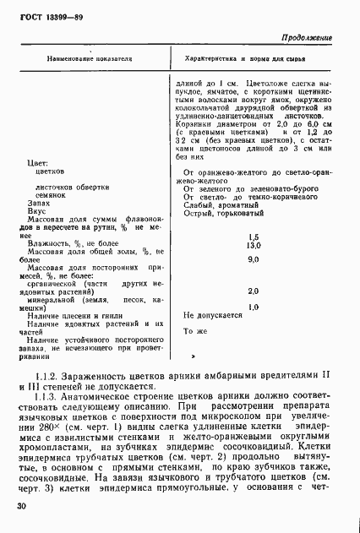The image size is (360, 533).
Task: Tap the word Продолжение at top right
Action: click(x=307, y=38)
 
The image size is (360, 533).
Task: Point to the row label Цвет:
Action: click(x=38, y=160)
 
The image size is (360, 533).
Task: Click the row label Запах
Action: click(x=39, y=204)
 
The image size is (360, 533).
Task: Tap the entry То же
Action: click(x=195, y=331)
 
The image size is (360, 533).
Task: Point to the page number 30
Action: click(x=20, y=504)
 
